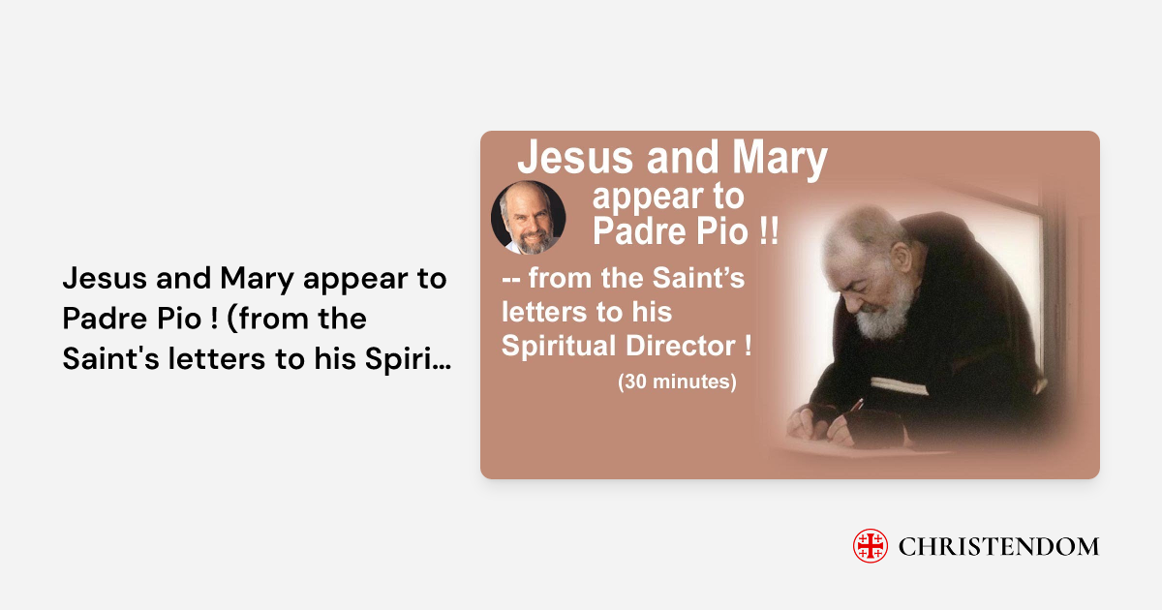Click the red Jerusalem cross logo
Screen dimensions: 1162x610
pyautogui.click(x=870, y=546)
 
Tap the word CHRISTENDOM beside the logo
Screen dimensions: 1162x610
pyautogui.click(x=998, y=547)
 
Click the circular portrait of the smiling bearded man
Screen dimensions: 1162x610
pyautogui.click(x=528, y=217)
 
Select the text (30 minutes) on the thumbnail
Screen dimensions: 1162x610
pyautogui.click(x=677, y=381)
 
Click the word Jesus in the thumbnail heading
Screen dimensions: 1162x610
pyautogui.click(x=575, y=157)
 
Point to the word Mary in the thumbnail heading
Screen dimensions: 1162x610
pyautogui.click(x=780, y=159)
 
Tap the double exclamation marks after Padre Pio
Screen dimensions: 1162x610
pyautogui.click(x=768, y=230)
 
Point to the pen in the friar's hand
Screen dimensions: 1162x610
pyautogui.click(x=855, y=406)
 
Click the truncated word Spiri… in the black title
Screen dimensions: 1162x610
pyautogui.click(x=408, y=359)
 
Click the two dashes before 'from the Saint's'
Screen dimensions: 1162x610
pyautogui.click(x=511, y=280)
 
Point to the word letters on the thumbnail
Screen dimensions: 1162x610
pyautogui.click(x=543, y=312)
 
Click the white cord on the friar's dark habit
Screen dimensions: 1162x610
pyautogui.click(x=899, y=386)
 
